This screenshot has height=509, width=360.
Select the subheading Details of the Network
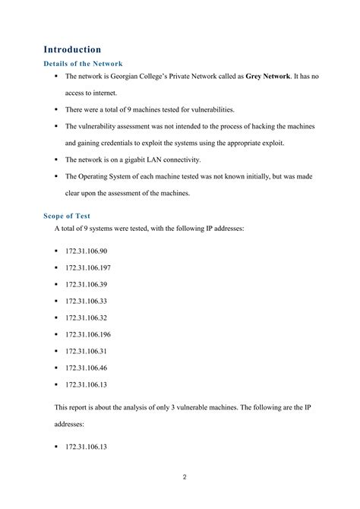coord(84,64)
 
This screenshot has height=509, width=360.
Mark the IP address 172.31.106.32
coord(87,317)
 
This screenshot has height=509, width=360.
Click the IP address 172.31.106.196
coord(88,334)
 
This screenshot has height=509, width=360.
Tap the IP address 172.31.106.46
coord(87,367)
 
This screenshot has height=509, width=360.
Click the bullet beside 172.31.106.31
coord(57,350)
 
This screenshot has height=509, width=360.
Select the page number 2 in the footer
coord(185,477)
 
